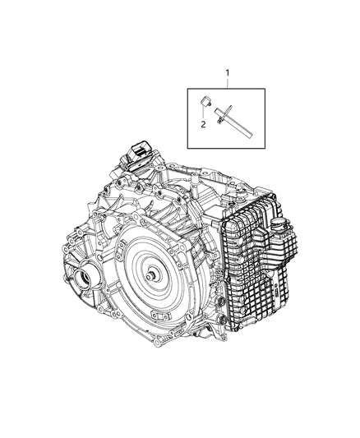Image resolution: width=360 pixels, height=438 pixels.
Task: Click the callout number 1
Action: click(x=228, y=73)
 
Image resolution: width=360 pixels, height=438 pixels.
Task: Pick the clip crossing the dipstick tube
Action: click(x=221, y=114)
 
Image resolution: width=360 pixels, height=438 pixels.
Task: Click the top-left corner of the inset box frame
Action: click(x=187, y=89)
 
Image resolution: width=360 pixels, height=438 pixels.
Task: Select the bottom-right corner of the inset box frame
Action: click(x=270, y=147)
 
